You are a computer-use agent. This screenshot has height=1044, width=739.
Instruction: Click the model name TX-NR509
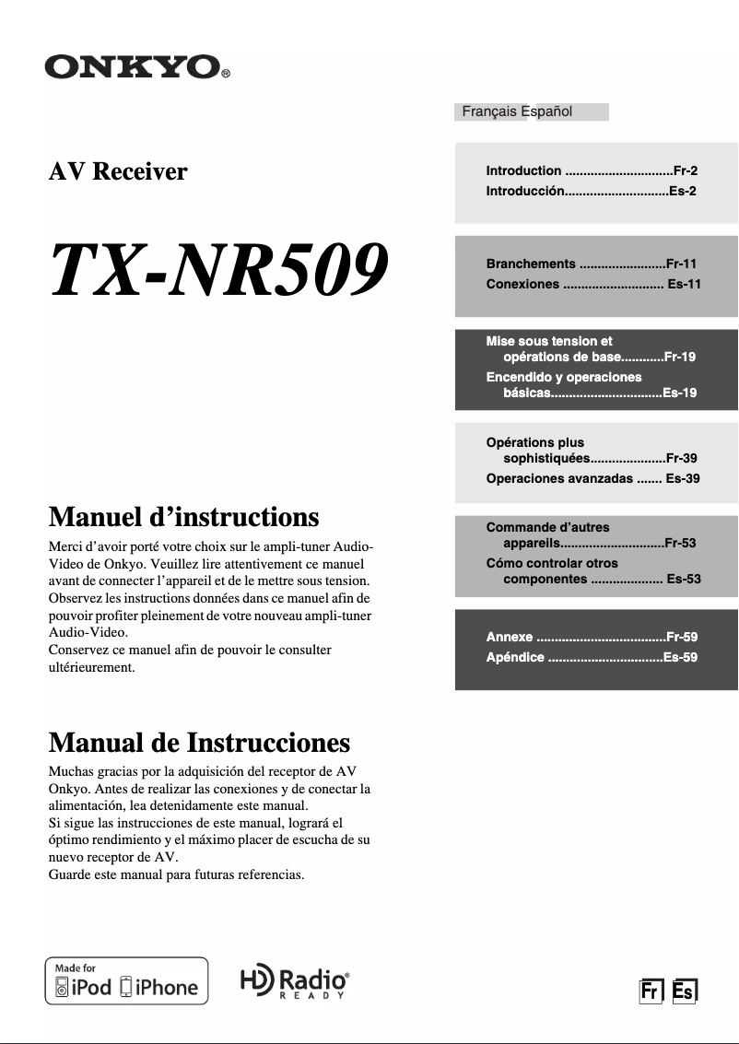(217, 268)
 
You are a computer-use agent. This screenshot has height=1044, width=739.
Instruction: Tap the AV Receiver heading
(118, 171)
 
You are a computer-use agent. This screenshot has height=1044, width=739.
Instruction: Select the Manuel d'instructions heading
(183, 516)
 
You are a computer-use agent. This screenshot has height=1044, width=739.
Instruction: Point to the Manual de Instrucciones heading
(199, 742)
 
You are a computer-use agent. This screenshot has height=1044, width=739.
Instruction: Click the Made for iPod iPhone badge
(127, 981)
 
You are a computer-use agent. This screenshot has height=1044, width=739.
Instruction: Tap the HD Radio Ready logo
(295, 983)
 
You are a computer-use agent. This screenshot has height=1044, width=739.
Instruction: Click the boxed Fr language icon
(651, 991)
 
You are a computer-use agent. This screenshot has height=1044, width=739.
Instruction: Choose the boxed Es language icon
(685, 991)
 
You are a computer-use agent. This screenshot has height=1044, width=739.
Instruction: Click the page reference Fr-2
(685, 170)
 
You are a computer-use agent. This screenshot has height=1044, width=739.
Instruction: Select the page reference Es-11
(684, 284)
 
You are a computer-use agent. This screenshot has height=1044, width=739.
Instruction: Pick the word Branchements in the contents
(531, 264)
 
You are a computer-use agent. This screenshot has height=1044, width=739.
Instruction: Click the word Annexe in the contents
(510, 637)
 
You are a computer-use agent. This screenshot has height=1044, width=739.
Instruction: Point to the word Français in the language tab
(489, 111)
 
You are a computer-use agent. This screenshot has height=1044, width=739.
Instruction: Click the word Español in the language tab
(546, 111)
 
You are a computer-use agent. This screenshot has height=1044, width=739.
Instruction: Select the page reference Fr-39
(681, 458)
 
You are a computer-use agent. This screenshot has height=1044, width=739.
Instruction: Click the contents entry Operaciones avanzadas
(559, 478)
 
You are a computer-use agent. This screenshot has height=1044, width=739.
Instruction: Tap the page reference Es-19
(679, 393)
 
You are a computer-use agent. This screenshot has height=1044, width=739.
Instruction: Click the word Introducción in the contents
(523, 192)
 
